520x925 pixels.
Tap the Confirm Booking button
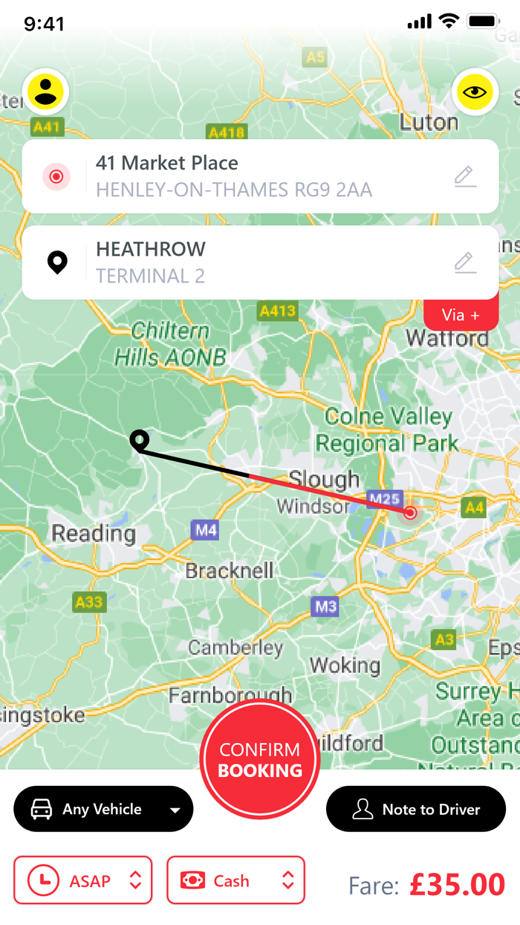[x=260, y=759]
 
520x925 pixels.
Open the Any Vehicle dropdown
[x=103, y=809]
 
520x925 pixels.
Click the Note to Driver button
[x=416, y=809]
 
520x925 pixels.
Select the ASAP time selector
[x=82, y=880]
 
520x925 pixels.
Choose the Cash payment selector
[x=235, y=880]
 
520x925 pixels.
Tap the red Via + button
[x=461, y=315]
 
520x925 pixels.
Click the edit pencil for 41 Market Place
[x=465, y=176]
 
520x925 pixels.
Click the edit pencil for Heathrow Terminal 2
[x=465, y=262]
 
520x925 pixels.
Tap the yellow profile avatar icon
[x=46, y=91]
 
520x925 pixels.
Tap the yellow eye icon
[x=475, y=92]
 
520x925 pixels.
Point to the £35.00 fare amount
[x=457, y=885]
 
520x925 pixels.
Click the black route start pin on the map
[x=139, y=439]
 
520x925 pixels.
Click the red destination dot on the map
[x=410, y=512]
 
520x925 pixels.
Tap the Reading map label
[x=94, y=533]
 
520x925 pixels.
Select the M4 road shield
[x=205, y=530]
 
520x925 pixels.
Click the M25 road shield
[x=385, y=499]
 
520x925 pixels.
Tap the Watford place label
[x=447, y=339]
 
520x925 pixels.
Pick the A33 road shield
[x=89, y=601]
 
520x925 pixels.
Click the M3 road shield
[x=325, y=606]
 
